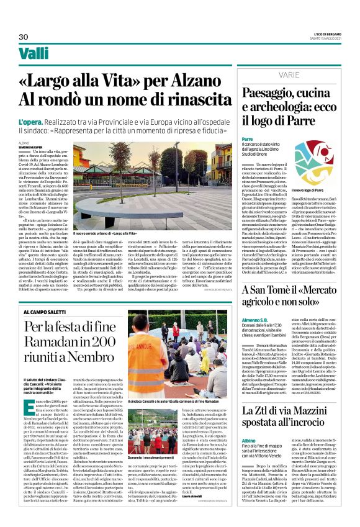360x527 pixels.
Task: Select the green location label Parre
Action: tap(247, 140)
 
